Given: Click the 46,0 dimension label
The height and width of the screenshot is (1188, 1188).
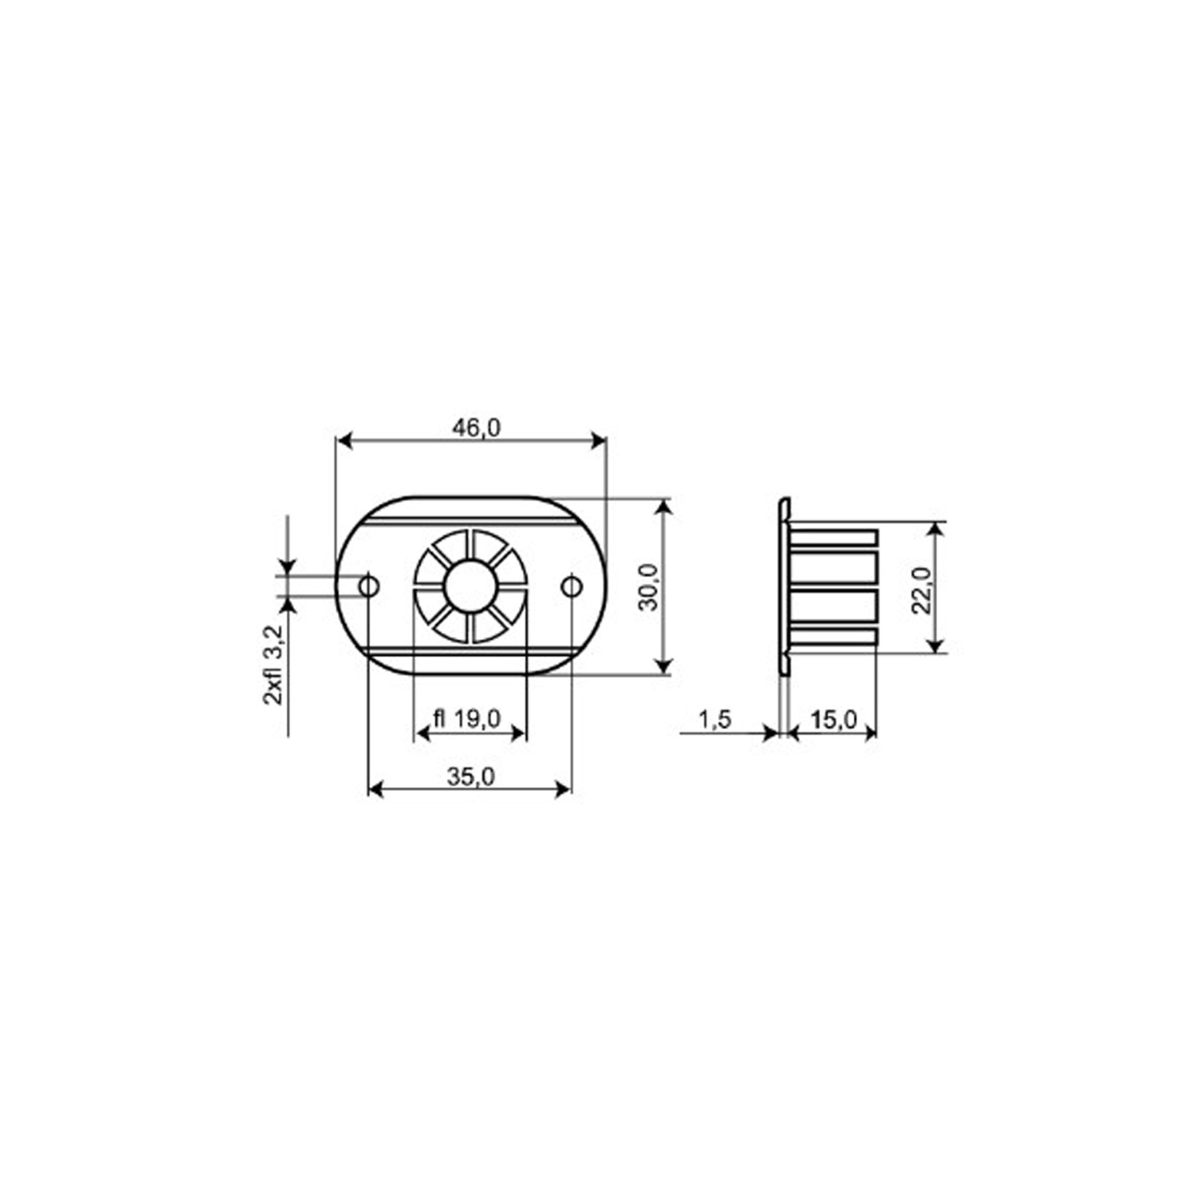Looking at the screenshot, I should click(476, 428).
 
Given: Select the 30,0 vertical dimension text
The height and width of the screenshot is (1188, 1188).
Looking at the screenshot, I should click(648, 587).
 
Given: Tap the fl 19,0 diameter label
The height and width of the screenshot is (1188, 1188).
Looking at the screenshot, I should click(467, 719).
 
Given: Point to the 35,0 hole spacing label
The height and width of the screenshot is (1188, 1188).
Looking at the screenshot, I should click(471, 776).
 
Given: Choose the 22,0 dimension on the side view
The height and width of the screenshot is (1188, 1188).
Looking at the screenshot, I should click(921, 590).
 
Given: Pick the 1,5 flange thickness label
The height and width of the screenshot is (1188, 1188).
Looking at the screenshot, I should click(715, 720).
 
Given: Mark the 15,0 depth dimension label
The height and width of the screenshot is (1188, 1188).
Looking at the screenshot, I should click(833, 720).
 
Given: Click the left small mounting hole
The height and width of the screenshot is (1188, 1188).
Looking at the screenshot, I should click(369, 587).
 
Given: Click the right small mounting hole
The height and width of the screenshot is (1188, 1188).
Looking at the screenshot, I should click(571, 587).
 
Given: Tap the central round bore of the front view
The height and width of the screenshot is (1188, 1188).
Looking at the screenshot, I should click(471, 587).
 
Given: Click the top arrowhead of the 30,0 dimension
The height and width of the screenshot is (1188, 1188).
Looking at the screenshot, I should click(663, 507).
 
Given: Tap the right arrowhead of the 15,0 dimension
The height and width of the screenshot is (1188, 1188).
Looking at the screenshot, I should click(870, 733).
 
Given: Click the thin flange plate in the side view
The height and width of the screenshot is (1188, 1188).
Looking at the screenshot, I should click(784, 587).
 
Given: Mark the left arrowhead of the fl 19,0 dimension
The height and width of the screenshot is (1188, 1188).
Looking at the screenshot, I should click(422, 733).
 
